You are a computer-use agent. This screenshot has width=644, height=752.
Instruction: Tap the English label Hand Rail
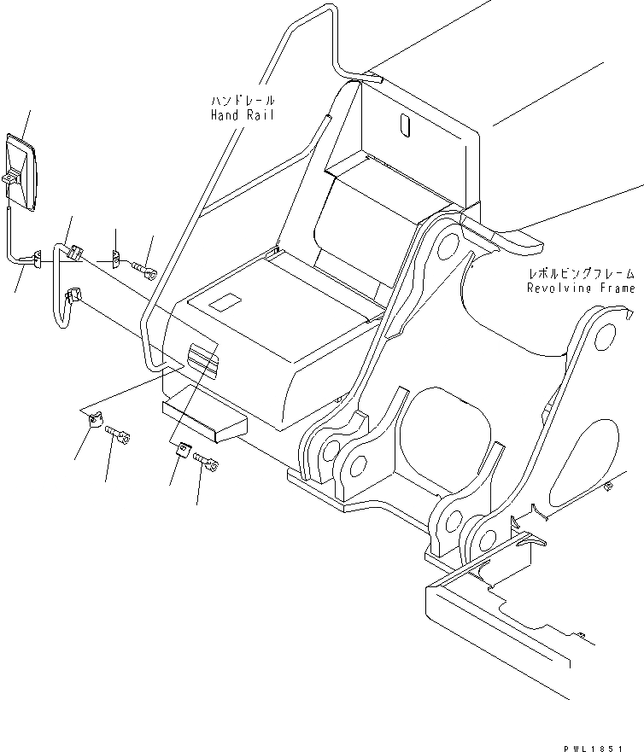click(243, 115)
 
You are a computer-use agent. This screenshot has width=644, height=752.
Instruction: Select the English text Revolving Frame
click(581, 289)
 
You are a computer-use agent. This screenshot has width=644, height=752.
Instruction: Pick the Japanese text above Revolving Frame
click(581, 275)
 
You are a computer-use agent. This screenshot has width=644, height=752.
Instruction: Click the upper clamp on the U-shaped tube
click(74, 252)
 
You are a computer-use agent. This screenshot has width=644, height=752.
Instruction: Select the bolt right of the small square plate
click(207, 463)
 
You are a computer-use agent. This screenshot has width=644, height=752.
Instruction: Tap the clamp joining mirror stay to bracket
click(37, 257)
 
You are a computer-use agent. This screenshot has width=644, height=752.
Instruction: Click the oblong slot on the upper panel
click(405, 125)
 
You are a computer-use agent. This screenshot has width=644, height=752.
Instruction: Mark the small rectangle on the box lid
click(224, 301)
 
